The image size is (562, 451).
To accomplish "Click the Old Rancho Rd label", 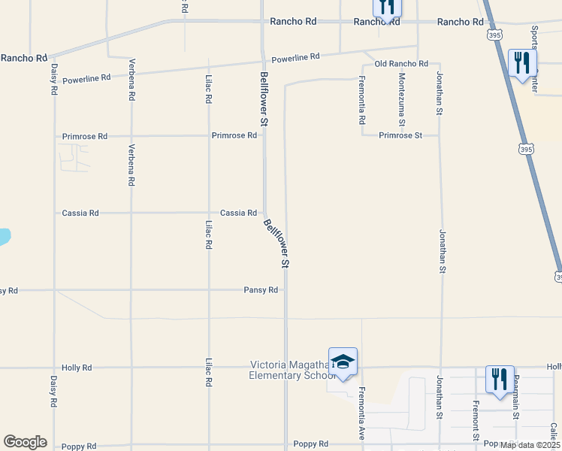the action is pyautogui.click(x=400, y=64).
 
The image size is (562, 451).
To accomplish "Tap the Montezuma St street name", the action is pyautogui.click(x=403, y=100).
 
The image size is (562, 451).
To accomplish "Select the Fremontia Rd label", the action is pyautogui.click(x=361, y=100).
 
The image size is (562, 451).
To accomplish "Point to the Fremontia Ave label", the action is pyautogui.click(x=361, y=413).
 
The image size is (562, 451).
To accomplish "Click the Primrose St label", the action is pyautogui.click(x=401, y=135).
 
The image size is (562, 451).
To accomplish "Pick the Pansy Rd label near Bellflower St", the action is pyautogui.click(x=261, y=290).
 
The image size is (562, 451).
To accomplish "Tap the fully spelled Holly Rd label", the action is pyautogui.click(x=77, y=368).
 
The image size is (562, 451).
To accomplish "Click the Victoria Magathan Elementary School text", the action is pyautogui.click(x=289, y=370).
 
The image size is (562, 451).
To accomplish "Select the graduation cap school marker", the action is pyautogui.click(x=343, y=362).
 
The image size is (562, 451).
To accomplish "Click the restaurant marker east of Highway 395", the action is pyautogui.click(x=521, y=62).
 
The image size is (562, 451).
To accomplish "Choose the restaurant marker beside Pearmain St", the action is pyautogui.click(x=500, y=379).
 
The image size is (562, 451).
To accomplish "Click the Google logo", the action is pyautogui.click(x=25, y=442).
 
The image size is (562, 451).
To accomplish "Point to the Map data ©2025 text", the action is pyautogui.click(x=529, y=445).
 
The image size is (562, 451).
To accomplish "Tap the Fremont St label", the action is pyautogui.click(x=476, y=422).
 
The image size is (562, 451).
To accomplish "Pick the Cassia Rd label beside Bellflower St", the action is pyautogui.click(x=239, y=213).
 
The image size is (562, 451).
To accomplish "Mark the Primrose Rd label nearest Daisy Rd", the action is pyautogui.click(x=85, y=137).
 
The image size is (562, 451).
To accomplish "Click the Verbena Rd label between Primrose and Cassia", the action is pyautogui.click(x=131, y=165).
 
